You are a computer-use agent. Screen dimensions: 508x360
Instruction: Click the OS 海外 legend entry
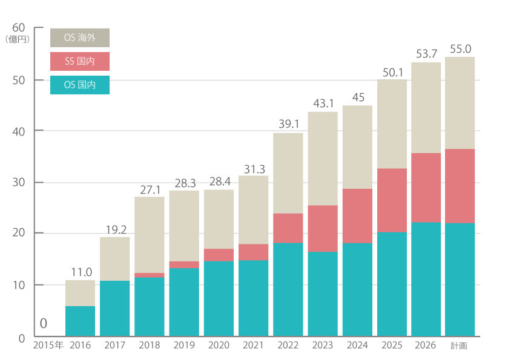click(x=80, y=38)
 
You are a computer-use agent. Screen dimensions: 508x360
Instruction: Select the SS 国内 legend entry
click(x=80, y=61)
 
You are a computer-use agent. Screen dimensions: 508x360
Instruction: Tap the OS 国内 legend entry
click(x=80, y=85)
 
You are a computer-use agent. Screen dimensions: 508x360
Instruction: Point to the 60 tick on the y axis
click(x=18, y=27)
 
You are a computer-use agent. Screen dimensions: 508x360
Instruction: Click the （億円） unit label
click(x=18, y=39)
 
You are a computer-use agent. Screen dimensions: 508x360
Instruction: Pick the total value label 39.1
click(x=289, y=123)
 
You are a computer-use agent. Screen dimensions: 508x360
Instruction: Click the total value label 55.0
click(x=460, y=49)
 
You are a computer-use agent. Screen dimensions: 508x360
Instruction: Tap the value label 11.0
click(x=81, y=272)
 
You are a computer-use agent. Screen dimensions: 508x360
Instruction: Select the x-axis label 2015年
click(x=48, y=345)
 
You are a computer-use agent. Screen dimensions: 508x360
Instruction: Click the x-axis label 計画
click(x=459, y=345)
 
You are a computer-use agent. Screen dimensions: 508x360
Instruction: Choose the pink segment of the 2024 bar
click(x=357, y=215)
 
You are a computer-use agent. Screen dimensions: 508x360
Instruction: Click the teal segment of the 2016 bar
click(x=81, y=321)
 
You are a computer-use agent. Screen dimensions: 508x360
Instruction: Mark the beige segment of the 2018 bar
click(x=150, y=235)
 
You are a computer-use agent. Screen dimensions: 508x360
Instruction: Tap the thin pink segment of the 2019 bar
click(x=184, y=264)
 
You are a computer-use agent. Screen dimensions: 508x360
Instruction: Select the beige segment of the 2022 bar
click(x=288, y=173)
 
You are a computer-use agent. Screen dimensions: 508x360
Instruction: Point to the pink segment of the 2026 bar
click(x=426, y=188)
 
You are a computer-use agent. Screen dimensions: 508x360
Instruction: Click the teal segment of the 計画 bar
click(x=460, y=280)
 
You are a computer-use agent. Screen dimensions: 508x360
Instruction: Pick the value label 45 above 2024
click(x=358, y=97)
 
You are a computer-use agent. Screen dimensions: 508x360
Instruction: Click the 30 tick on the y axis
click(x=18, y=182)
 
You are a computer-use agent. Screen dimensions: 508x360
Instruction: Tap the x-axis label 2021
click(x=253, y=345)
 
